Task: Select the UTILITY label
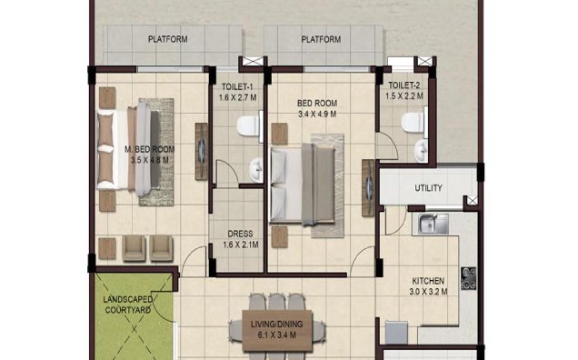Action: coord(427,189)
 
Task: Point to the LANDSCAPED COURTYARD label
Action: coord(126,305)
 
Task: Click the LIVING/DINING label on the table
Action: coord(283,325)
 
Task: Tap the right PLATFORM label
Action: coord(321,39)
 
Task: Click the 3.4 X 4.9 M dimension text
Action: coord(317,115)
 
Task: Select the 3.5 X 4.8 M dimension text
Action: coord(150,160)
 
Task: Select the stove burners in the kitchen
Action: coord(469,278)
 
